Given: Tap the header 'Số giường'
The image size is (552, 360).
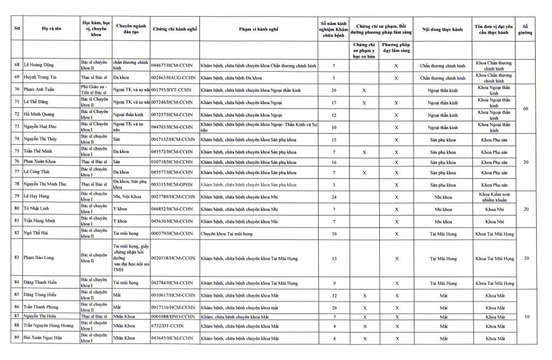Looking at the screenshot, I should click(x=525, y=29).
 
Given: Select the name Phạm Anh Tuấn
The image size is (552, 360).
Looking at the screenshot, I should click(x=39, y=90).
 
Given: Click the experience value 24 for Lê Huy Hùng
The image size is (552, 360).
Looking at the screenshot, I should click(x=334, y=196).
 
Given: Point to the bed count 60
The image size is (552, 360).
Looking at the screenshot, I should click(x=525, y=109).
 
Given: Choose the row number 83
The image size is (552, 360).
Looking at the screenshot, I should click(x=17, y=257).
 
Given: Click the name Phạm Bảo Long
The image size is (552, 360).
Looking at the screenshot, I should click(x=39, y=257).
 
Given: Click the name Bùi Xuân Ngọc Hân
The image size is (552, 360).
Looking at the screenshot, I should click(x=44, y=338).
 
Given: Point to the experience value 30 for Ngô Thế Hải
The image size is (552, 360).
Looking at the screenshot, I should click(x=334, y=234).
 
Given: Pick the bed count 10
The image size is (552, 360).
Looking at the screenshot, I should click(x=525, y=317).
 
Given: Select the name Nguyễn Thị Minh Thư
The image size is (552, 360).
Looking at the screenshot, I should click(x=45, y=185).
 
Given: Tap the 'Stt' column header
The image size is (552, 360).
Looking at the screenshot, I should click(x=17, y=29).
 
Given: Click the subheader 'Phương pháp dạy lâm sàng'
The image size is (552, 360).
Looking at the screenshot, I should click(x=396, y=47).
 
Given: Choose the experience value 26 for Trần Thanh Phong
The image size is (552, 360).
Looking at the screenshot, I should click(x=334, y=307).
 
